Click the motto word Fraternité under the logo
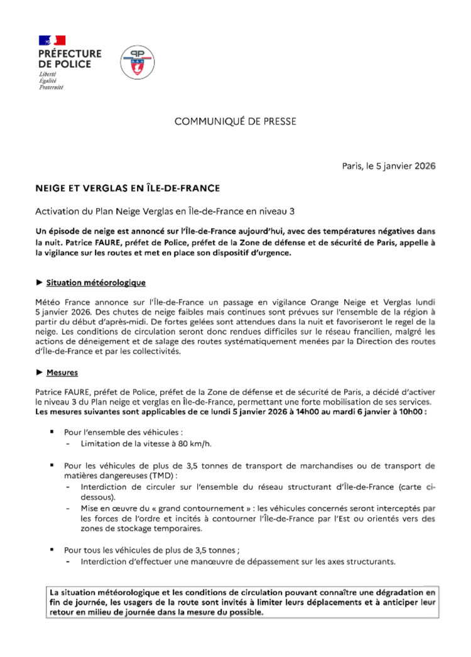51,87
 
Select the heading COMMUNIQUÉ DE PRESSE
235,121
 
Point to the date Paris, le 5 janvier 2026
389,166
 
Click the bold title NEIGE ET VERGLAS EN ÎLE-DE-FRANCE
127,188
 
